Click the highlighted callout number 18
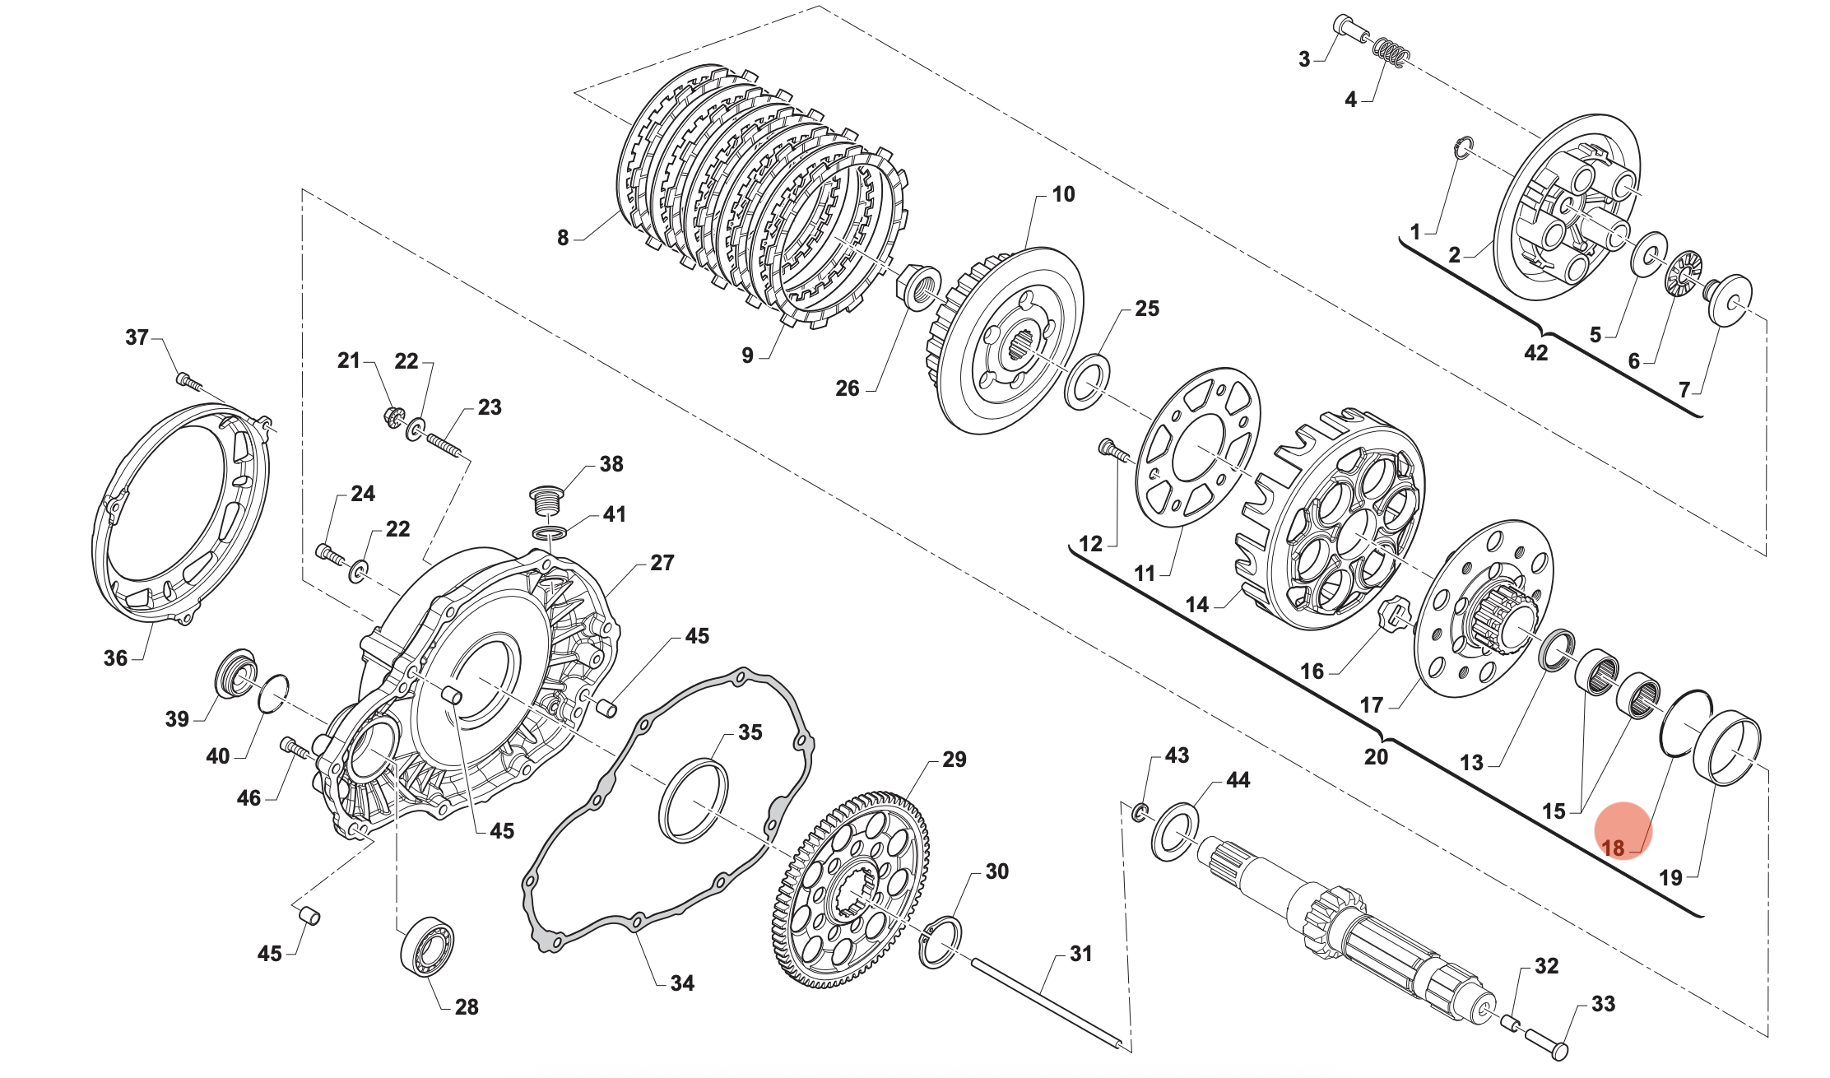point(1613,848)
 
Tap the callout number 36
point(115,657)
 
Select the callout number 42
point(1535,353)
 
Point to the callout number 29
point(954,760)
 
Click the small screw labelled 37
point(188,382)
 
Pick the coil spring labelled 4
point(1391,53)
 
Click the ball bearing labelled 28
point(427,946)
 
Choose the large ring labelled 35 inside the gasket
point(694,801)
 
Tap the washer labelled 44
point(1175,832)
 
